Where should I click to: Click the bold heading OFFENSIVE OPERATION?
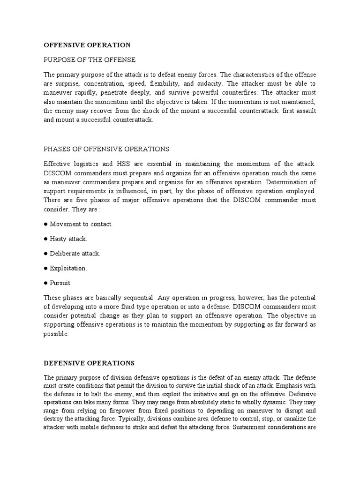(87, 45)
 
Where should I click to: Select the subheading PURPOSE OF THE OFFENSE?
(90, 60)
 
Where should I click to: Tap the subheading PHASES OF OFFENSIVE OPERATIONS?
(106, 149)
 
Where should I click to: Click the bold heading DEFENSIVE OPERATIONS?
(89, 363)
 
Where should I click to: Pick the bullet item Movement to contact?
(81, 224)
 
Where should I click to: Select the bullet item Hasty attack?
(68, 239)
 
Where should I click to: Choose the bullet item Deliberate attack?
(75, 254)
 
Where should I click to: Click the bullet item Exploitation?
(68, 269)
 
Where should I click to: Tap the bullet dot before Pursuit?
(46, 283)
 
